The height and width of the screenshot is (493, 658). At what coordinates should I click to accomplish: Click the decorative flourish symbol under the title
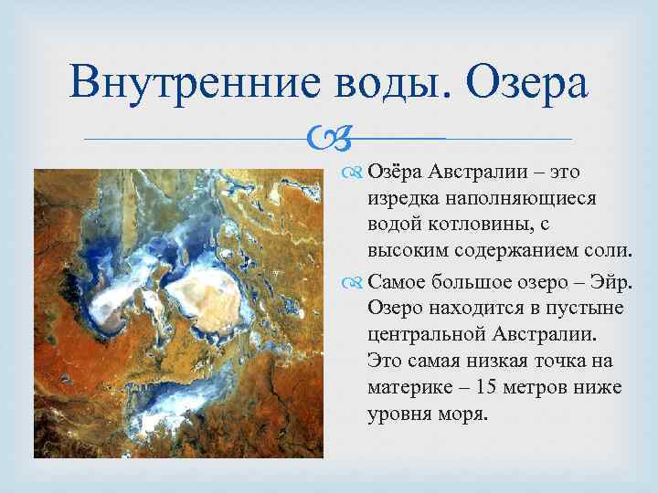point(334,140)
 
